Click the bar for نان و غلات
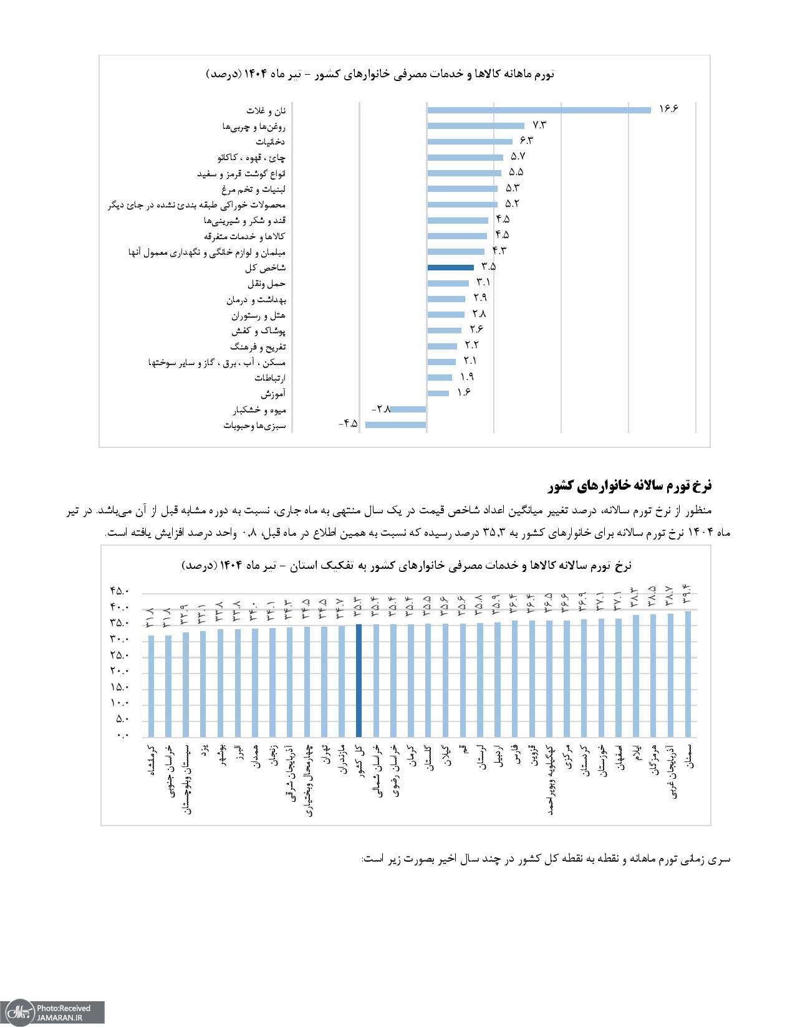point(539,110)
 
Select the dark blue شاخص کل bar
point(451,267)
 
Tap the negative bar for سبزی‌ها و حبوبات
point(396,425)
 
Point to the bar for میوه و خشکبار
point(409,409)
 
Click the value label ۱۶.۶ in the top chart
point(668,109)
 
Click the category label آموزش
point(273,394)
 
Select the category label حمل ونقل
point(267,283)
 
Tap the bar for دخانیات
point(470,141)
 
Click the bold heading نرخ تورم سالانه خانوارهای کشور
point(631,485)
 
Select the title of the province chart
point(407,565)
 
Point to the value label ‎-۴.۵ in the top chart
point(348,424)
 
